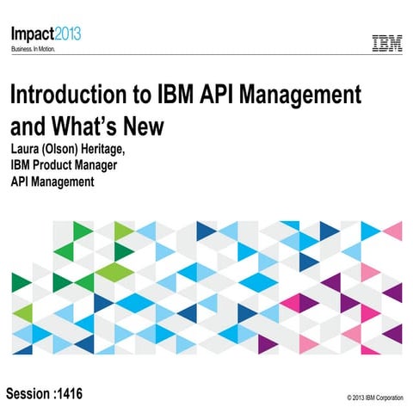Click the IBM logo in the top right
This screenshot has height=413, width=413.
pyautogui.click(x=386, y=43)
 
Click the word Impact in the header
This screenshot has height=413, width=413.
pyautogui.click(x=31, y=34)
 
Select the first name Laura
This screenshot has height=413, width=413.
pyautogui.click(x=27, y=151)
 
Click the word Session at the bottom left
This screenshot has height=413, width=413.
pyautogui.click(x=29, y=393)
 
